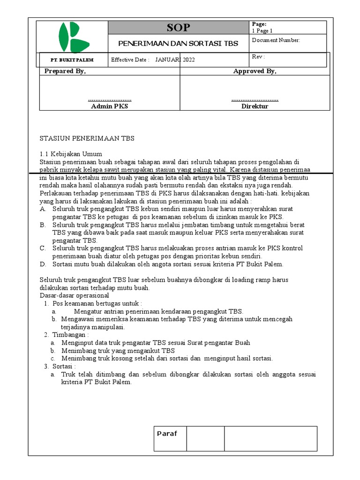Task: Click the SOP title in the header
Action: click(179, 28)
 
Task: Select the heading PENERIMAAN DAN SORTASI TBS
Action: click(178, 44)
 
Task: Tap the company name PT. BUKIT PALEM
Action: click(72, 60)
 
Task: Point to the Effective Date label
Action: click(130, 60)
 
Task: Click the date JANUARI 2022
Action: click(175, 60)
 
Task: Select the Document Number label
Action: click(276, 40)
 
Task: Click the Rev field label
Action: click(258, 57)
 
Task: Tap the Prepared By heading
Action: click(65, 71)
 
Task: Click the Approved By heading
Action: click(255, 71)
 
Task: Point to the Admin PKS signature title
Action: click(109, 106)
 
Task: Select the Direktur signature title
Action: click(255, 106)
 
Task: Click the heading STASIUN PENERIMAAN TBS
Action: click(87, 138)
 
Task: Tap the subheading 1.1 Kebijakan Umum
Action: click(71, 154)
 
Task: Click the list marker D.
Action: click(43, 264)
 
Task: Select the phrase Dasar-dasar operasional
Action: click(74, 296)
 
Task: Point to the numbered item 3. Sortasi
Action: click(63, 366)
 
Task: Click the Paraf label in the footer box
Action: click(167, 434)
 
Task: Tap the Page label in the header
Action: click(259, 24)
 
